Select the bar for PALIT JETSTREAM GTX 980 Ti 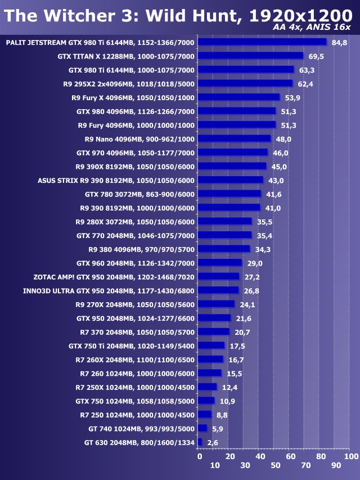(x=262, y=42)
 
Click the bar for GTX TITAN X (x=251, y=56)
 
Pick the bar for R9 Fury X (x=239, y=97)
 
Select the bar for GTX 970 (x=233, y=152)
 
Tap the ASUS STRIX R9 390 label (x=116, y=181)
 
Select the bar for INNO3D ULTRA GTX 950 (x=218, y=290)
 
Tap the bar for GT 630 (x=200, y=442)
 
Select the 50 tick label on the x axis (x=275, y=465)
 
